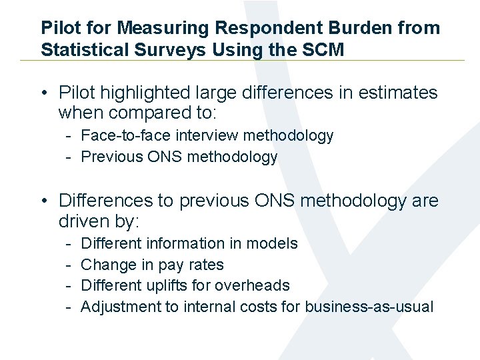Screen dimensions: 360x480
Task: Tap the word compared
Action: (x=137, y=113)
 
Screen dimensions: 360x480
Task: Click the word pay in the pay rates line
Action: (x=173, y=265)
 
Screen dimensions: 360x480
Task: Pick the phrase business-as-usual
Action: (x=369, y=307)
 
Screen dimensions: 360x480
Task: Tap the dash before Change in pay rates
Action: (x=69, y=265)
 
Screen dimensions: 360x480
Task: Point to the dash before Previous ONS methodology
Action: (x=69, y=157)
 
